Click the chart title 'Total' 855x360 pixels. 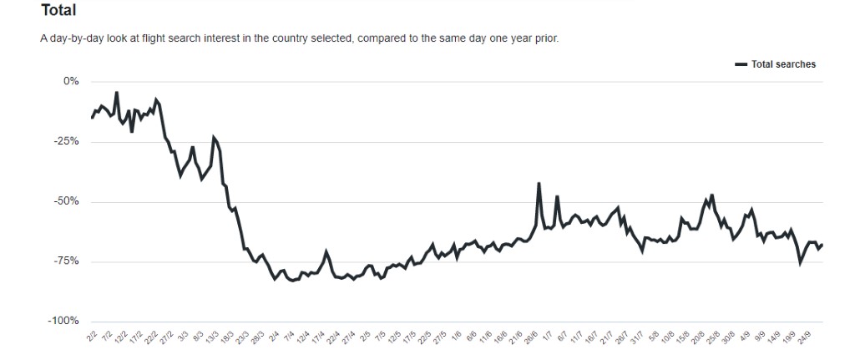pos(58,11)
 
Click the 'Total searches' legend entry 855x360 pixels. pos(782,64)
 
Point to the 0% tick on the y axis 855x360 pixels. pos(70,82)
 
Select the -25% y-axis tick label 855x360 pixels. pos(67,141)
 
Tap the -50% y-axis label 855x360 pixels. pos(67,201)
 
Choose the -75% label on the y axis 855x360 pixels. pos(67,261)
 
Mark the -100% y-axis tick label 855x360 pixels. pos(64,322)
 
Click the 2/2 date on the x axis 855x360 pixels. pos(92,337)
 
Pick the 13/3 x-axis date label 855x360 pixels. pos(211,338)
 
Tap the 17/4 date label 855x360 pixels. pos(317,338)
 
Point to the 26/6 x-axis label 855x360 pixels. pos(530,338)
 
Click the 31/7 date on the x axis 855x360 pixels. pos(636,338)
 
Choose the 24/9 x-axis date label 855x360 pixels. pos(802,338)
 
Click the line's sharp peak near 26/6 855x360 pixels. pos(539,183)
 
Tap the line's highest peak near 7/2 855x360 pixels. pos(116,93)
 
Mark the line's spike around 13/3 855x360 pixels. pos(214,137)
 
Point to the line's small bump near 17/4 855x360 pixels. pos(326,251)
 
